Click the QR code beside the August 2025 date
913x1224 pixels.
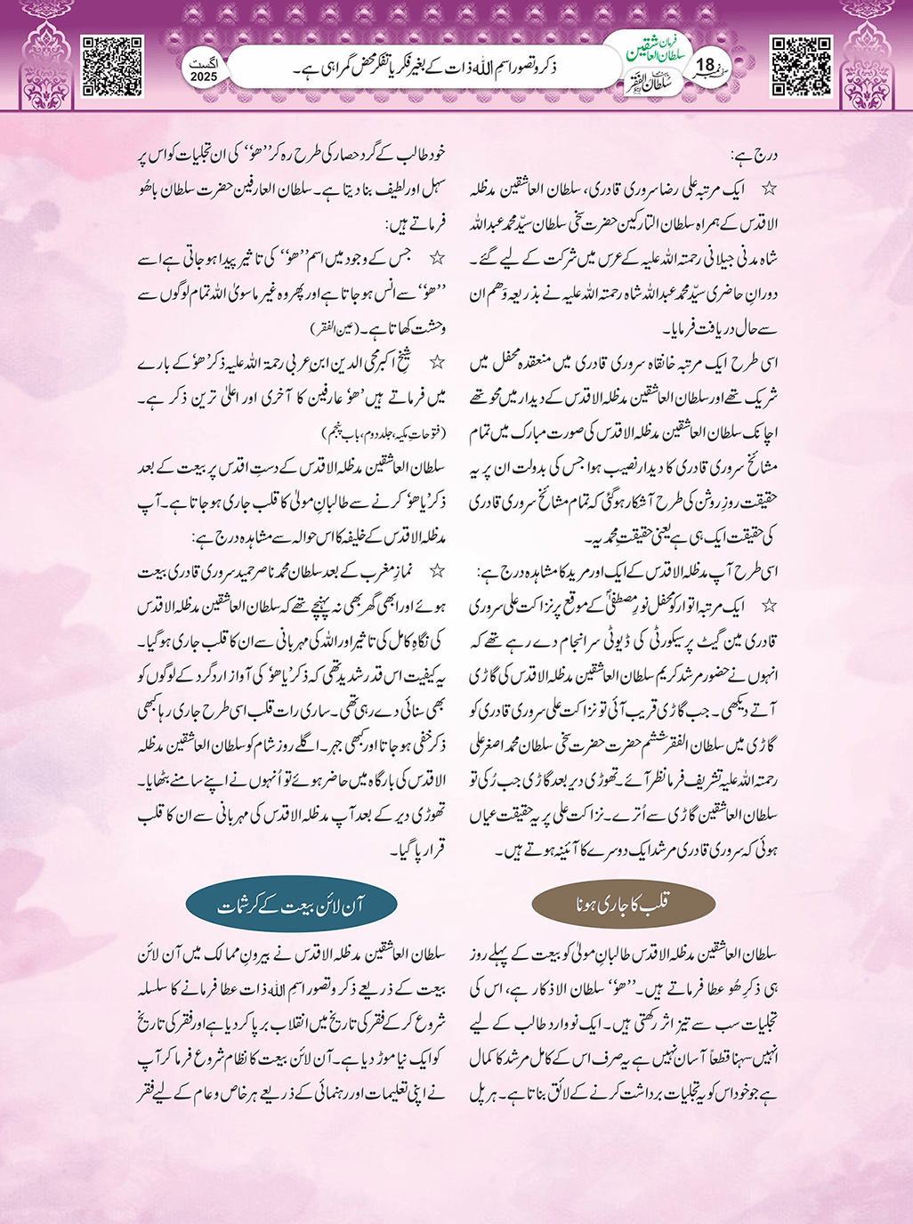click(x=112, y=66)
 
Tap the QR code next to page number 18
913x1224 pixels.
click(x=801, y=66)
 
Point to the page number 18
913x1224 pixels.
click(x=705, y=65)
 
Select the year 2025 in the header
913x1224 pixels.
click(x=204, y=77)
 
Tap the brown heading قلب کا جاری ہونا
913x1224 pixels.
click(x=623, y=905)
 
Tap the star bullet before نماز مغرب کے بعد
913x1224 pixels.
click(x=437, y=570)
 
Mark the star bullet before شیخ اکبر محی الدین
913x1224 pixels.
click(x=437, y=362)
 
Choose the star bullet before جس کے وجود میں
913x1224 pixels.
click(x=437, y=259)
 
